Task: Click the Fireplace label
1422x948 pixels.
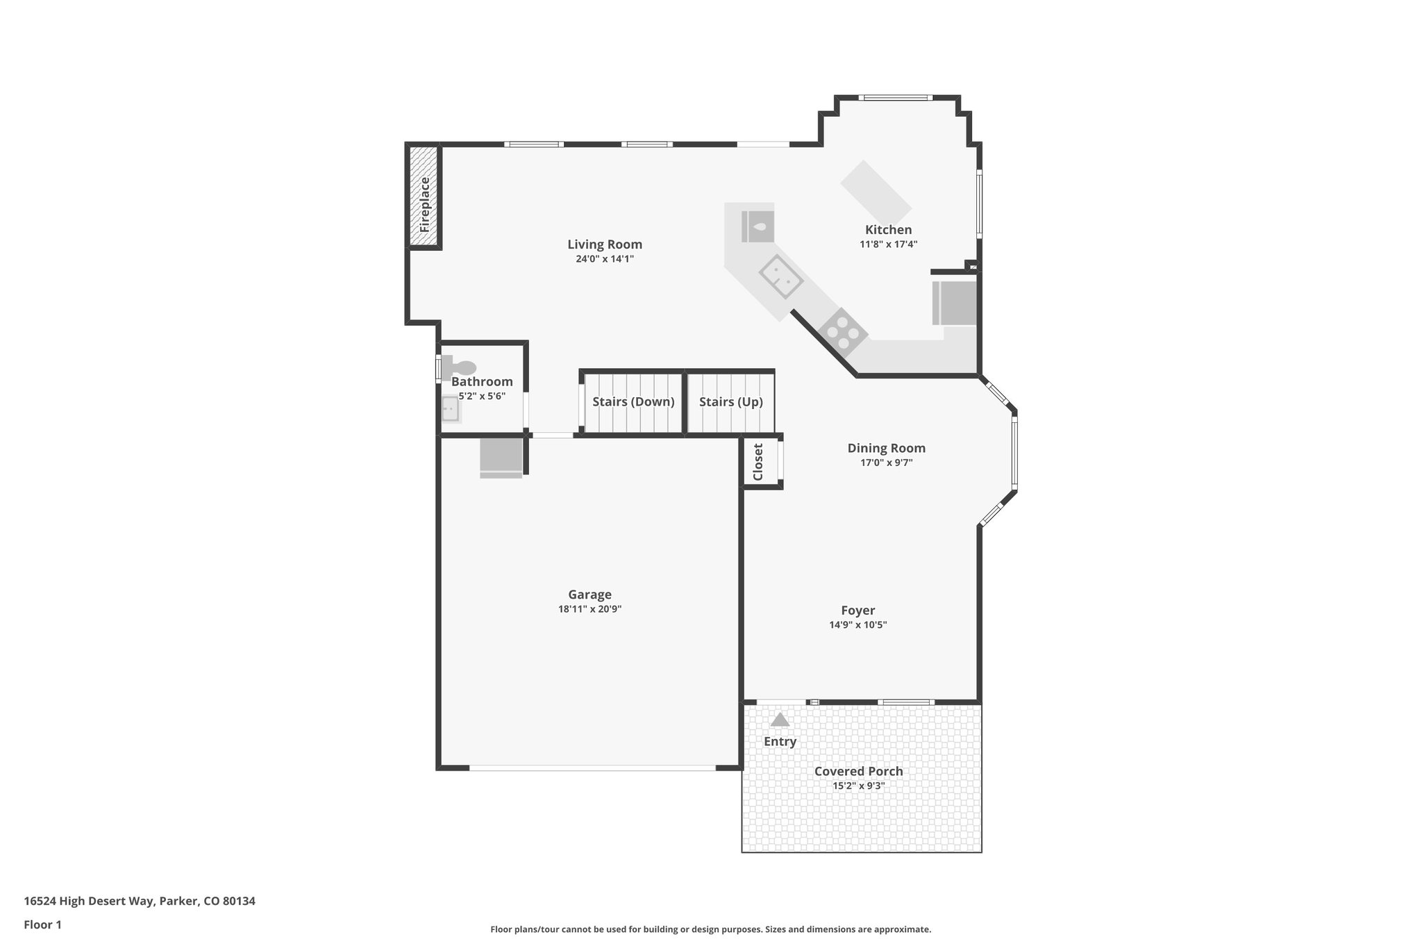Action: (424, 205)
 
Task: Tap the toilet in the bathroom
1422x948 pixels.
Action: (460, 367)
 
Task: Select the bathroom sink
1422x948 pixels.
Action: (450, 410)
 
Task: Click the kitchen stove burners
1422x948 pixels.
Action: (842, 332)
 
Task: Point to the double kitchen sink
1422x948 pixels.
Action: (780, 276)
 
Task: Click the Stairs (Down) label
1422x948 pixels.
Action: (633, 401)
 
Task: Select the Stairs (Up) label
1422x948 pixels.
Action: (730, 401)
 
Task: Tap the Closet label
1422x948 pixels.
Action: (758, 462)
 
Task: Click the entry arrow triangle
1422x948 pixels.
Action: (780, 720)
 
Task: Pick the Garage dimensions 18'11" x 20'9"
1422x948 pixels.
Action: (589, 609)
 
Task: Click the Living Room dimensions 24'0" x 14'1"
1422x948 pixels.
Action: (604, 259)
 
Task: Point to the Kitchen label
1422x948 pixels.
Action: (888, 230)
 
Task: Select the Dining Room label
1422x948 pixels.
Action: (886, 448)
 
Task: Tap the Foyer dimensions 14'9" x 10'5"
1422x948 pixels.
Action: (858, 624)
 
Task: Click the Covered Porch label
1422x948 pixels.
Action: (858, 771)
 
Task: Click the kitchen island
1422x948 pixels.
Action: (876, 190)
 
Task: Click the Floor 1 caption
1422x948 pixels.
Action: (42, 924)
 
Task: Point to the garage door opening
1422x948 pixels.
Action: (592, 767)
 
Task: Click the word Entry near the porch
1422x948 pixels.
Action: (780, 742)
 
